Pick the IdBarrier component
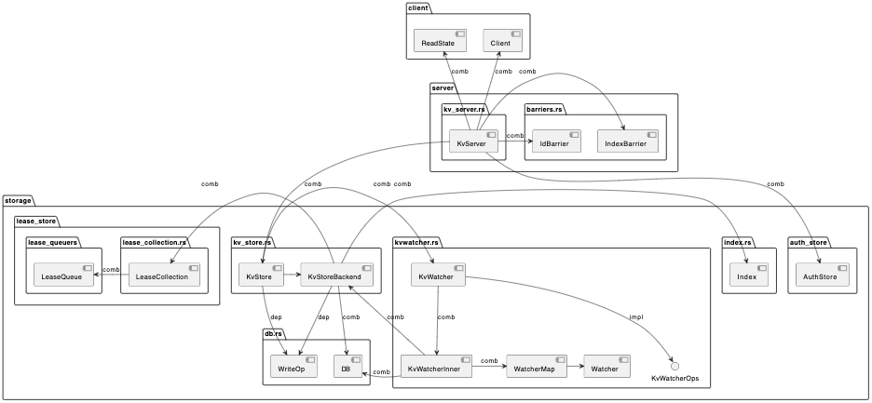click(556, 142)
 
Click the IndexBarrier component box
click(627, 142)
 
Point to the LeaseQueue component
click(65, 275)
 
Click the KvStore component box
click(260, 275)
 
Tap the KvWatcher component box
click(438, 275)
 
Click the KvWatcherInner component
click(436, 368)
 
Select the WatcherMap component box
click(535, 368)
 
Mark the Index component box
click(749, 275)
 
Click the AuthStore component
click(820, 275)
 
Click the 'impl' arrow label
click(636, 317)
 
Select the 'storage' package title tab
click(19, 200)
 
